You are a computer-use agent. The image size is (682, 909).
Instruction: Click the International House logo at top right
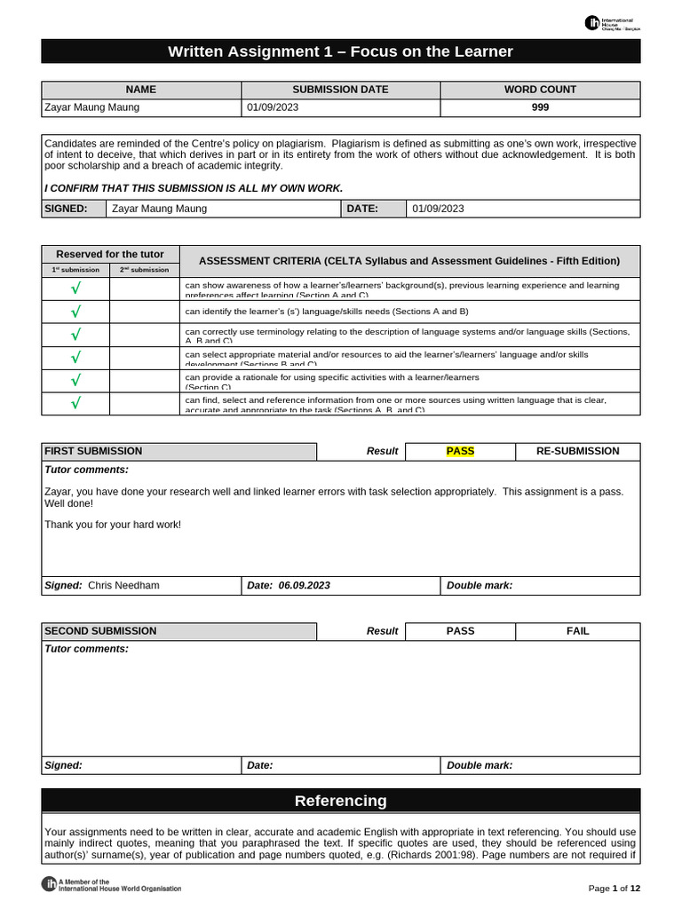pos(612,23)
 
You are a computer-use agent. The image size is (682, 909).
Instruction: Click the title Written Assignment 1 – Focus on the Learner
pos(341,51)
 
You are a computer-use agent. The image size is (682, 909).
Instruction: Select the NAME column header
pos(141,90)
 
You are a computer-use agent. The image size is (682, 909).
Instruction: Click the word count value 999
pos(540,107)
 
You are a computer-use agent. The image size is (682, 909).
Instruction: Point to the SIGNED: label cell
pos(66,209)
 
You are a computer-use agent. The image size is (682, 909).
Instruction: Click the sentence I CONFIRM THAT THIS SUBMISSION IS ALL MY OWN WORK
pos(194,187)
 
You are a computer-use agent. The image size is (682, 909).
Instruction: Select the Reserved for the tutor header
pos(110,254)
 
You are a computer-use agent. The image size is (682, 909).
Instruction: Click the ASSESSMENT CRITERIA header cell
pos(408,261)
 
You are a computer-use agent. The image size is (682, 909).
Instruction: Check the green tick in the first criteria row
pos(75,289)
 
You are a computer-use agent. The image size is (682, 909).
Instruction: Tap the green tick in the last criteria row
pos(75,404)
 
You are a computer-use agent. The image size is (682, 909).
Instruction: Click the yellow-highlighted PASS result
pos(460,451)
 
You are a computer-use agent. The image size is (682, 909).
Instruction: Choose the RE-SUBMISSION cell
pos(577,451)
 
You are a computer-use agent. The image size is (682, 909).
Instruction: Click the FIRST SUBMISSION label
pos(93,451)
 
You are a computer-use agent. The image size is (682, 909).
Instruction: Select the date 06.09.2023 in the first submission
pos(304,586)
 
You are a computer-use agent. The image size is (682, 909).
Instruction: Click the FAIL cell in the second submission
pos(577,631)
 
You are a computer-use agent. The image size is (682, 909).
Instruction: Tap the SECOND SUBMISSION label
pos(100,631)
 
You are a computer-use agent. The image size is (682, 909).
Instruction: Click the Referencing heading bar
pos(341,801)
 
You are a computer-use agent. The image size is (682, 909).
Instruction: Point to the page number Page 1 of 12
pos(615,889)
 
